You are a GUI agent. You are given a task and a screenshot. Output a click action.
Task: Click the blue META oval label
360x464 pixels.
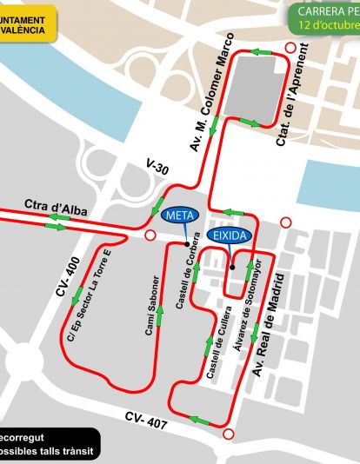179,215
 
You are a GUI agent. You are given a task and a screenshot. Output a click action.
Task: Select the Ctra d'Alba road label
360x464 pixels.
53,207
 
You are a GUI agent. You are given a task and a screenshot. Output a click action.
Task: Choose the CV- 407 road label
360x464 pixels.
145,419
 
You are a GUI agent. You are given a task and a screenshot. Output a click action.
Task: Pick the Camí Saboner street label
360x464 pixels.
153,306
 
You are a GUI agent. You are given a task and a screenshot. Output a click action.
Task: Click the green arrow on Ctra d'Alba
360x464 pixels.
55,228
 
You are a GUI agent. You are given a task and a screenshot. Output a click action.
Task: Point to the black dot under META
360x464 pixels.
186,242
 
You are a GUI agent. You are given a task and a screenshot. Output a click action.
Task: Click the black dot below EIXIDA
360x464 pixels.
232,266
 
